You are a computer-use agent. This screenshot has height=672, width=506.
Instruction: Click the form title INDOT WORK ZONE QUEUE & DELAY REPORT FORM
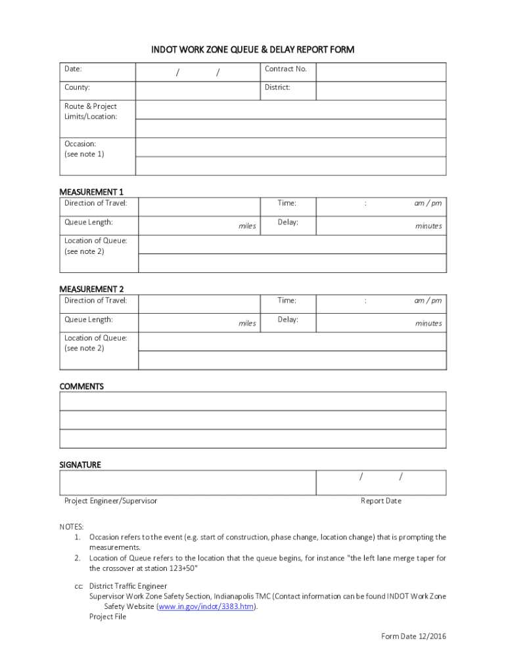pyautogui.click(x=253, y=50)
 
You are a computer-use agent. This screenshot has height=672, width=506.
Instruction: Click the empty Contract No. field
pyautogui.click(x=380, y=72)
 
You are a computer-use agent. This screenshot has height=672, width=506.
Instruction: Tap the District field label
pyautogui.click(x=277, y=87)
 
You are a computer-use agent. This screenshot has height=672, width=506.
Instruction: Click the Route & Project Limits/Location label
pyautogui.click(x=91, y=111)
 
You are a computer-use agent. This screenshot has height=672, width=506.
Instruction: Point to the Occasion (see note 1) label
pyautogui.click(x=84, y=149)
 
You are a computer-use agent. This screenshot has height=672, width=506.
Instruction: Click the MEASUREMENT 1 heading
pyautogui.click(x=91, y=192)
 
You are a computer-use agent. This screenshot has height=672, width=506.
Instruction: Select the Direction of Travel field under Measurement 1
pyautogui.click(x=200, y=206)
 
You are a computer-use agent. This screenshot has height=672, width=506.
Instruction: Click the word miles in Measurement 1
pyautogui.click(x=247, y=226)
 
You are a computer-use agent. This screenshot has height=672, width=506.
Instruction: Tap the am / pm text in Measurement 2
pyautogui.click(x=428, y=301)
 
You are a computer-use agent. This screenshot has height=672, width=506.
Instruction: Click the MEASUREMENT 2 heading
pyautogui.click(x=91, y=289)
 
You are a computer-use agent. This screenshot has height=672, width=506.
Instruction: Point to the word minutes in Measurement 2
pyautogui.click(x=428, y=324)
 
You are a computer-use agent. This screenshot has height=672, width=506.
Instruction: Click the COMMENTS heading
pyautogui.click(x=81, y=387)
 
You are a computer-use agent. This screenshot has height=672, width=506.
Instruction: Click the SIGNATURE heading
pyautogui.click(x=80, y=465)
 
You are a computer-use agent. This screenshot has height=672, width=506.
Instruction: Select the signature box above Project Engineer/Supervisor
pyautogui.click(x=187, y=482)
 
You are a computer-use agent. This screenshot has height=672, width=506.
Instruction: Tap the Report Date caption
pyautogui.click(x=380, y=501)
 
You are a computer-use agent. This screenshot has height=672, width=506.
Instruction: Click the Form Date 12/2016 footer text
pyautogui.click(x=413, y=637)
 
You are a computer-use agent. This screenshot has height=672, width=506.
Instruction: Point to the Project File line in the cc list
pyautogui.click(x=108, y=617)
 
